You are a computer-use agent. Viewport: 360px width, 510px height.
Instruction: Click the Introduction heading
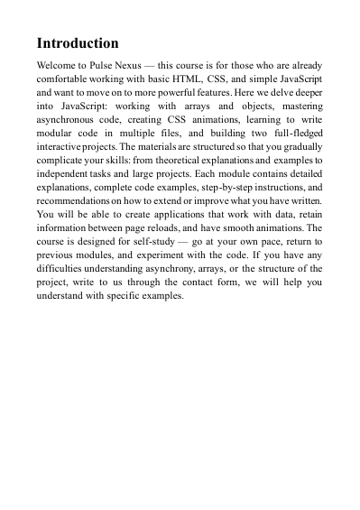[78, 43]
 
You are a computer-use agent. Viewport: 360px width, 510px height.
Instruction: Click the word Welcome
[60, 66]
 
